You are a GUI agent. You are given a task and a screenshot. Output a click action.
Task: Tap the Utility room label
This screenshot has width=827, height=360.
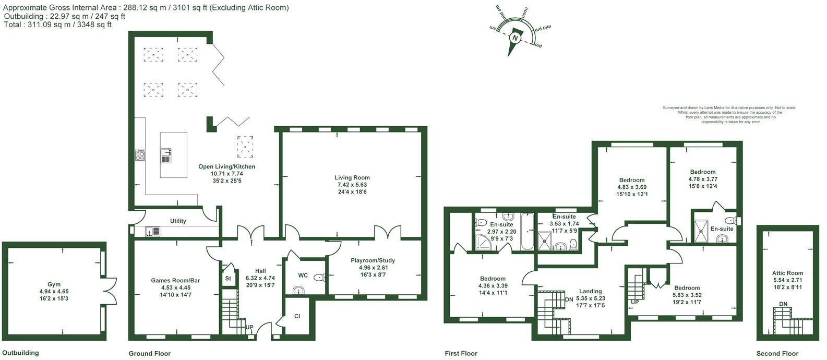point(178,221)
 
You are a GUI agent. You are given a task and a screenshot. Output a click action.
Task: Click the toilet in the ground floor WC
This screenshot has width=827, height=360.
point(319,278)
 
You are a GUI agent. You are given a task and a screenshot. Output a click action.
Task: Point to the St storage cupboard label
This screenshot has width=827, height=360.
point(228,279)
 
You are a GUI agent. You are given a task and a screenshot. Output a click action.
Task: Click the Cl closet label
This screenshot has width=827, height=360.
point(297,316)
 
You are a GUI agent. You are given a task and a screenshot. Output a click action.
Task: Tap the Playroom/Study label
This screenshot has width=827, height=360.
point(373,260)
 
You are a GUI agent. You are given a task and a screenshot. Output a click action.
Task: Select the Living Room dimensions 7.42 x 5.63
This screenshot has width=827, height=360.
point(352,185)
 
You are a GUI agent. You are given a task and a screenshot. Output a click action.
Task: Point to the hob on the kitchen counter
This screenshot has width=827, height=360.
point(140,155)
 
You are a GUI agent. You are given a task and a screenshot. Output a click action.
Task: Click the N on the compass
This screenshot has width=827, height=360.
point(516,39)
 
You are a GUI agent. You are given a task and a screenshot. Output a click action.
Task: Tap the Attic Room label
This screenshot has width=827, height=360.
point(787,273)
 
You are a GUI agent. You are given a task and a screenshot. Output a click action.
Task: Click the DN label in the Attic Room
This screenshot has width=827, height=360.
point(783,304)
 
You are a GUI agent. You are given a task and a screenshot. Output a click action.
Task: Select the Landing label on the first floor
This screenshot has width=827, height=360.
point(590,291)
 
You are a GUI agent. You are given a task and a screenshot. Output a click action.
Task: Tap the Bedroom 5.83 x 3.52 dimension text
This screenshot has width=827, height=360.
point(687,295)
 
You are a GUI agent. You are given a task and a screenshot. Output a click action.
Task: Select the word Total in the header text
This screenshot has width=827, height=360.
point(13,25)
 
